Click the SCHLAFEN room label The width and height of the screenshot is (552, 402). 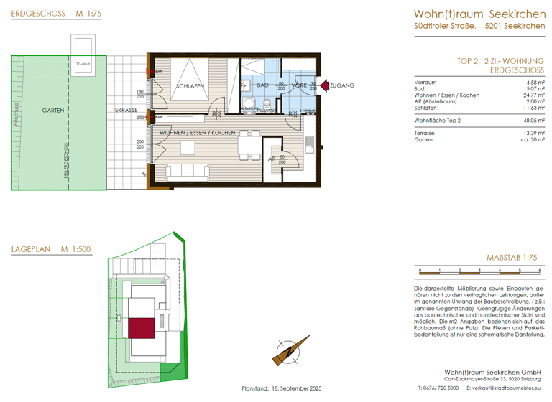[190, 86]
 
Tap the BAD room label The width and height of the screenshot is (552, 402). [262, 85]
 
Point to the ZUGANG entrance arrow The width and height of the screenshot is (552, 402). [324, 85]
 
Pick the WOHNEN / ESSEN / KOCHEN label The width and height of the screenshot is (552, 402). [198, 133]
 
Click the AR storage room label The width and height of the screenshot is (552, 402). [272, 159]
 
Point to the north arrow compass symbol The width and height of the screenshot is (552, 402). [286, 352]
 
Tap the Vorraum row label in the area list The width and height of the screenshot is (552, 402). [425, 83]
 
